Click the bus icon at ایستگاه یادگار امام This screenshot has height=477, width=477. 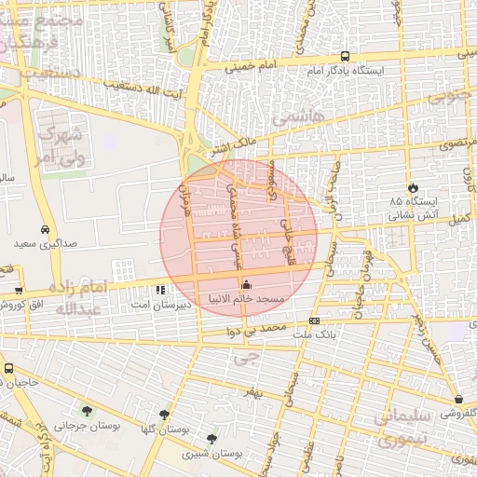click(345, 56)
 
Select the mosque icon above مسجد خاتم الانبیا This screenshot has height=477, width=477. click(246, 284)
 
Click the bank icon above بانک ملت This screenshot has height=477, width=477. click(314, 320)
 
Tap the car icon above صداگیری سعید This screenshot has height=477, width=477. click(45, 229)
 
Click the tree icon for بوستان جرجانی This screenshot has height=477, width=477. click(87, 411)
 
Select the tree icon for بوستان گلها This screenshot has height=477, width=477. click(165, 416)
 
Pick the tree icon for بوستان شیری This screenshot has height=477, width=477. click(212, 438)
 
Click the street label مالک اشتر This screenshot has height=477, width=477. click(233, 144)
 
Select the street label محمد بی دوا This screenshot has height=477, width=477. click(265, 330)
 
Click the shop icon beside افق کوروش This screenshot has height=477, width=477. click(19, 291)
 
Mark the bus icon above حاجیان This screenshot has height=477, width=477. click(7, 369)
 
